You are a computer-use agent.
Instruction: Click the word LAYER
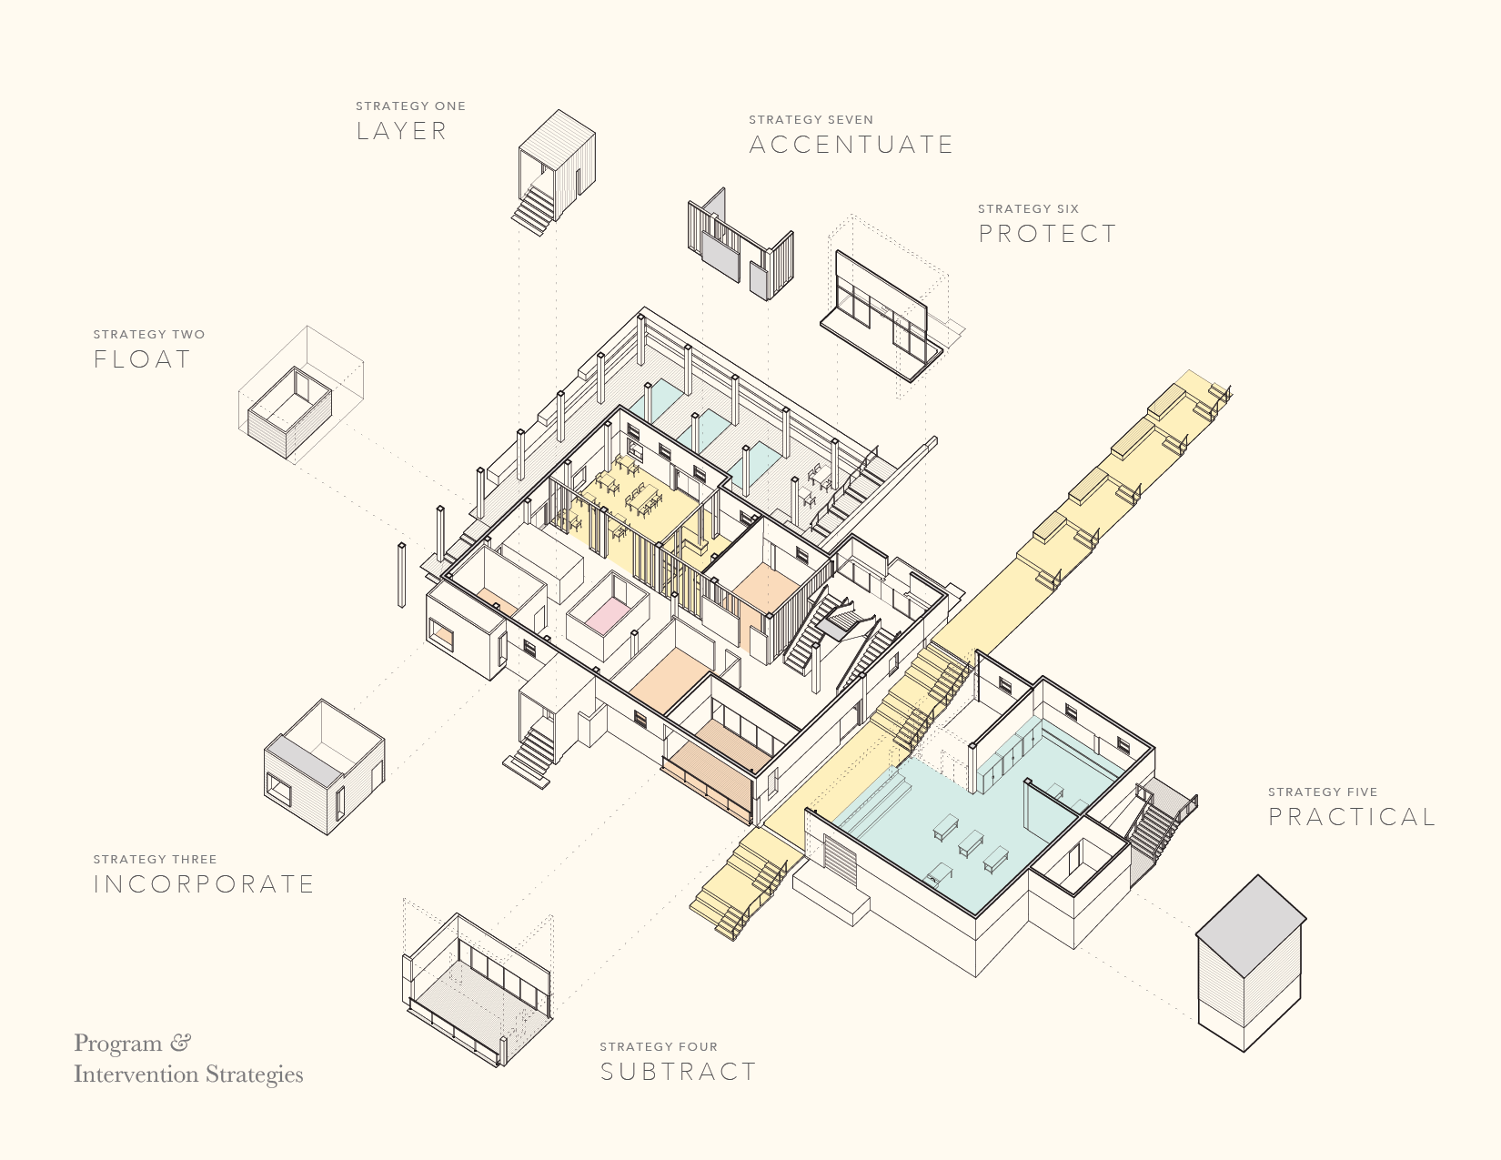pyautogui.click(x=402, y=131)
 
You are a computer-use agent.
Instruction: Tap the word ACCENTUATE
pyautogui.click(x=851, y=145)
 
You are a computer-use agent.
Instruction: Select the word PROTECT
pyautogui.click(x=1047, y=234)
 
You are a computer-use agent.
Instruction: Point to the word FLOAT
pyautogui.click(x=142, y=359)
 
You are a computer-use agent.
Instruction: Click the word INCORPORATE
pyautogui.click(x=204, y=884)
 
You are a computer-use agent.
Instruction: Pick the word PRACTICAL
pyautogui.click(x=1352, y=817)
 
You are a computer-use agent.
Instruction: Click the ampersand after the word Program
pyautogui.click(x=179, y=1043)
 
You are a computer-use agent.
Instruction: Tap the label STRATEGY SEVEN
pyautogui.click(x=811, y=119)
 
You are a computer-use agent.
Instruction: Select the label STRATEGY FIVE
pyautogui.click(x=1323, y=792)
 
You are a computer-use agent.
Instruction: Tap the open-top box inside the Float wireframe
pyautogui.click(x=290, y=412)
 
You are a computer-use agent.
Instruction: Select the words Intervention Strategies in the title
pyautogui.click(x=188, y=1074)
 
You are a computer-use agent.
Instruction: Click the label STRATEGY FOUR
pyautogui.click(x=659, y=1046)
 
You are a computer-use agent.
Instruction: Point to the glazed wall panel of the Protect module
pyautogui.click(x=881, y=315)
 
